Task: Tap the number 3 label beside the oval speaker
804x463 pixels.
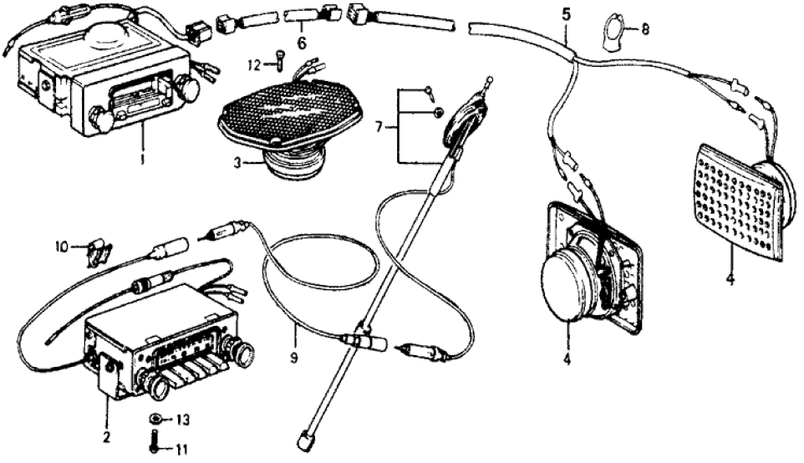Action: [x=237, y=164]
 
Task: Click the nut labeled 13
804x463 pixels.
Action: [x=155, y=417]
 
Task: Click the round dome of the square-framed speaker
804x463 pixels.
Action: [x=569, y=284]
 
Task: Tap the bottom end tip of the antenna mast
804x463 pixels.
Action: [x=304, y=437]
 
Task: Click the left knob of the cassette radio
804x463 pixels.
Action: [x=103, y=120]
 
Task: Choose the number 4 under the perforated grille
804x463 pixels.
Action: [x=730, y=279]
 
